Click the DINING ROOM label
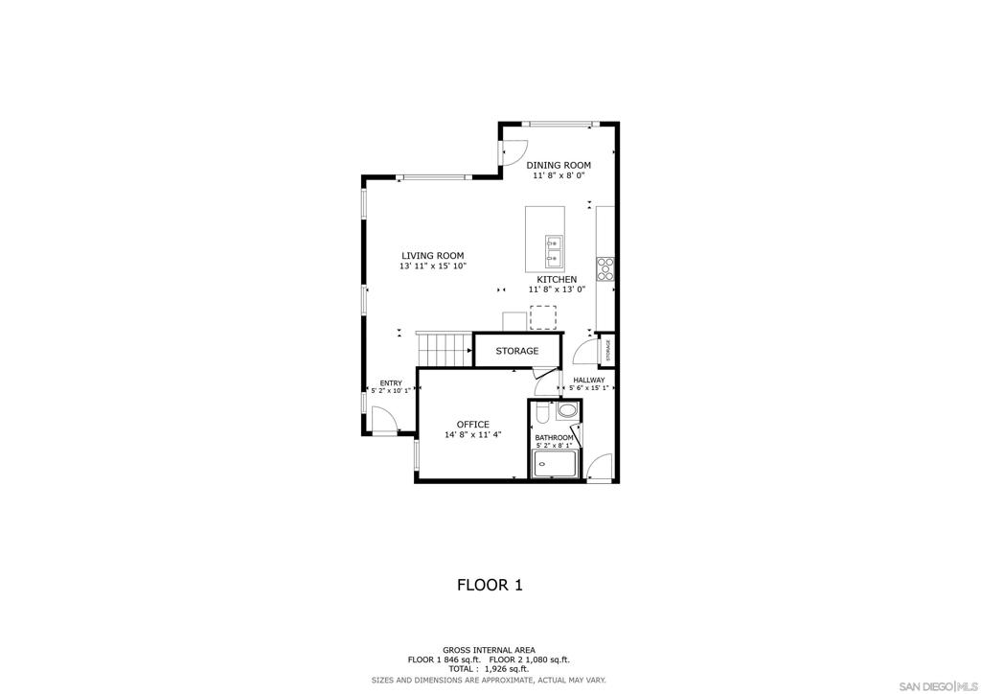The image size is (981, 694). click(x=559, y=165)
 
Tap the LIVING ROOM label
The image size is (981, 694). click(x=433, y=255)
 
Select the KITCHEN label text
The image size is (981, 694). click(x=557, y=279)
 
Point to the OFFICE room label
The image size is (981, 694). click(x=473, y=425)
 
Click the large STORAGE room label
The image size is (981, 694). click(x=517, y=351)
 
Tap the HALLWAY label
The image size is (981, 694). click(x=589, y=380)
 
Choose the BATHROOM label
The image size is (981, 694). click(x=554, y=437)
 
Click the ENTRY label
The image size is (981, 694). click(x=391, y=383)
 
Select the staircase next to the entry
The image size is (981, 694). click(x=445, y=350)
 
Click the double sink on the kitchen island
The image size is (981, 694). click(x=554, y=250)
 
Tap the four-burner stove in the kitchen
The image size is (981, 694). click(x=605, y=268)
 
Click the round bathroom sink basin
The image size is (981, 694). click(x=567, y=411)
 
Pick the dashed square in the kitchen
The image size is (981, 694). click(x=543, y=317)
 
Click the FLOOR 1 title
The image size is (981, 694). click(x=490, y=585)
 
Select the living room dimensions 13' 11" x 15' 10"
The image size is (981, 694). click(x=433, y=266)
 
